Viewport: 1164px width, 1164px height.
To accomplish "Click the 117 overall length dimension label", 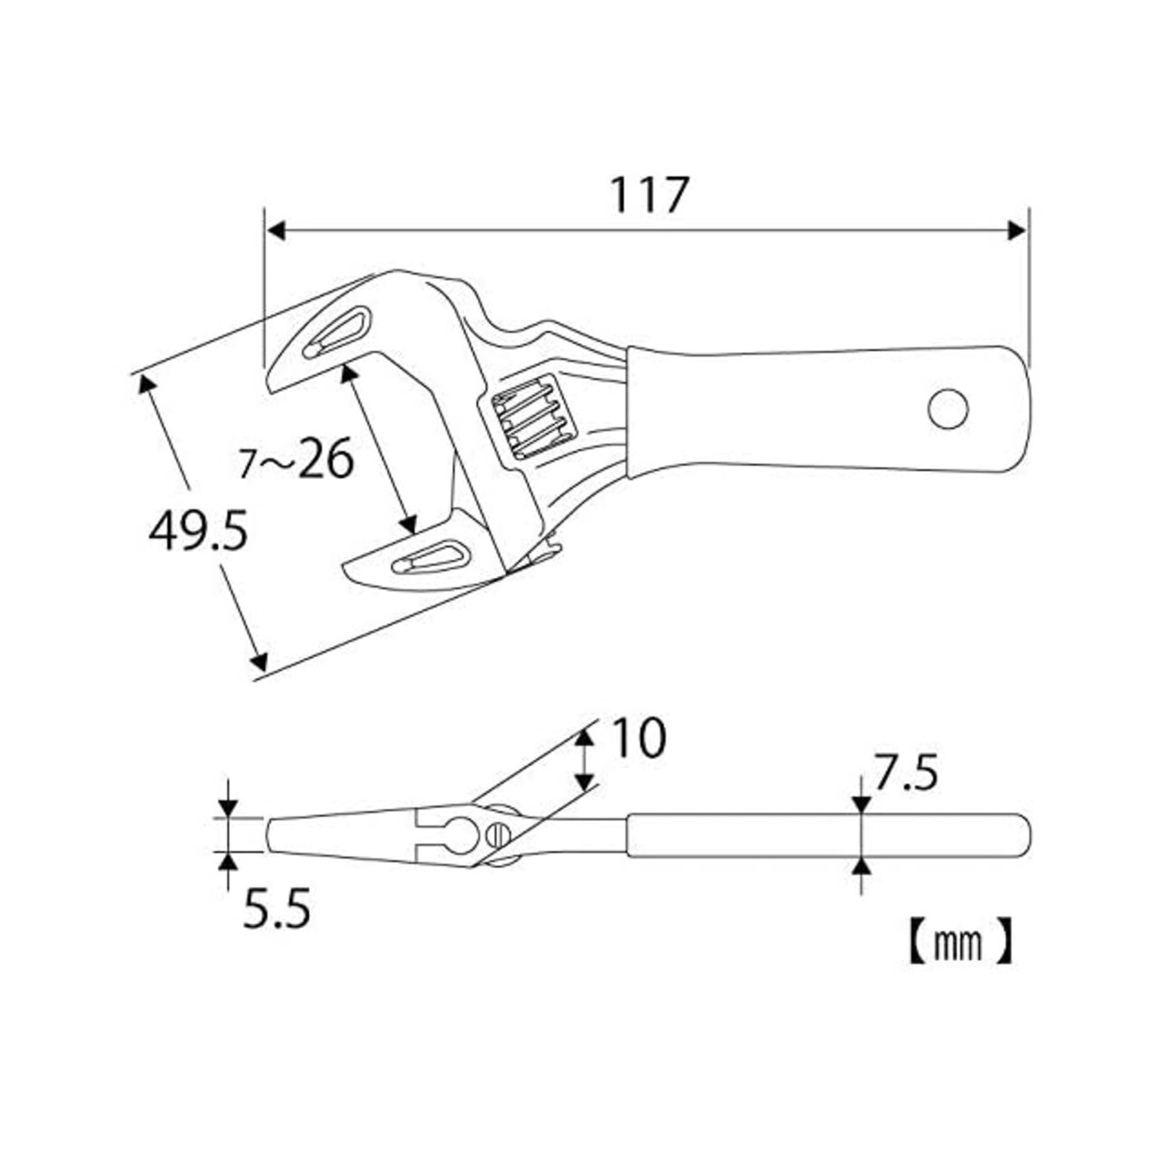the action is click(x=649, y=195).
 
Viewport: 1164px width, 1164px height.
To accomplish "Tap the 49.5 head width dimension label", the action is click(x=198, y=531).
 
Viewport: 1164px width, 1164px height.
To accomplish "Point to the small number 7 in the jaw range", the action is click(x=246, y=465).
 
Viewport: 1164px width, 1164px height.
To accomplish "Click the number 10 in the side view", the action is click(x=638, y=738).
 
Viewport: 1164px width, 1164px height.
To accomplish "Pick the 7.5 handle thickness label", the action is click(x=905, y=775).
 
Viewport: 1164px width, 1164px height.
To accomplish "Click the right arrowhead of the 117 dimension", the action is click(x=1018, y=231).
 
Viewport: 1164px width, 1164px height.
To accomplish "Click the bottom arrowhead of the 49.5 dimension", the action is click(x=259, y=660).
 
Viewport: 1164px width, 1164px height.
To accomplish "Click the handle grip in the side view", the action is click(x=828, y=835).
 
